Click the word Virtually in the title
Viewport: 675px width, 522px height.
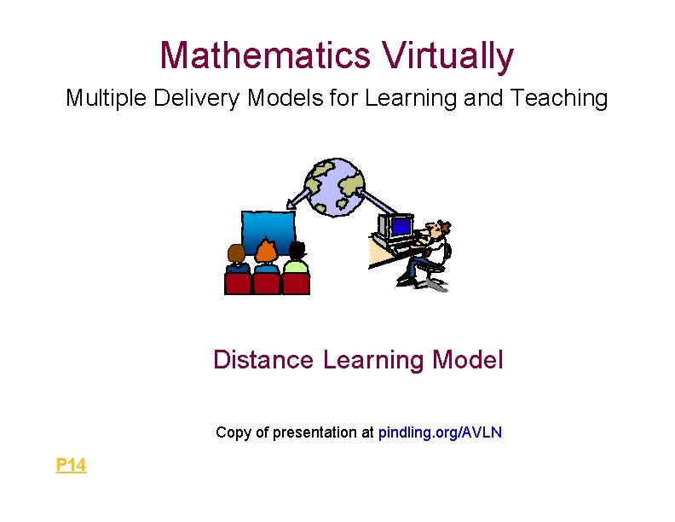448,56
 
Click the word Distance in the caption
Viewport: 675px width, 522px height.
263,360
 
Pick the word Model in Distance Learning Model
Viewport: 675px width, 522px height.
468,360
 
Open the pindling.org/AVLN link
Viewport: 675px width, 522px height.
440,432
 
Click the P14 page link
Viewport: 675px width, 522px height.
71,465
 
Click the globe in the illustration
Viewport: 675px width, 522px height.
336,186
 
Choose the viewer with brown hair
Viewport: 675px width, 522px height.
237,254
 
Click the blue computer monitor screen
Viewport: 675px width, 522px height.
400,227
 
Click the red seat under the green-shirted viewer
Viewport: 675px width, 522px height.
296,283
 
